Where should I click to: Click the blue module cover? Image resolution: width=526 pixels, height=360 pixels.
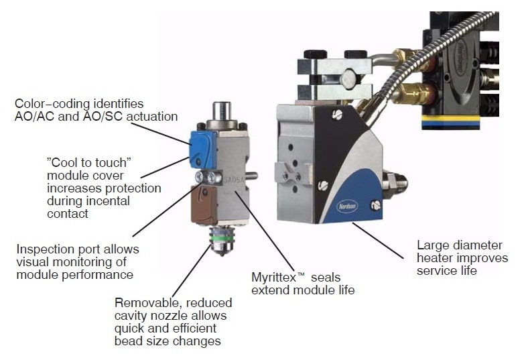[x=202, y=149]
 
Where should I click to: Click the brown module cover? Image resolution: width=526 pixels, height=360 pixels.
[x=204, y=204]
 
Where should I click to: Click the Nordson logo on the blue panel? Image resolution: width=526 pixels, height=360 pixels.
[x=347, y=206]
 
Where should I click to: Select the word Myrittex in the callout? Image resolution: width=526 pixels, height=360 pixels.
[x=274, y=278]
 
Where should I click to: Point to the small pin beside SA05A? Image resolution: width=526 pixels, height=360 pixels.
[x=251, y=175]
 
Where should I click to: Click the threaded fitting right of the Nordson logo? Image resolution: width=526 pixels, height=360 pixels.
[x=395, y=184]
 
